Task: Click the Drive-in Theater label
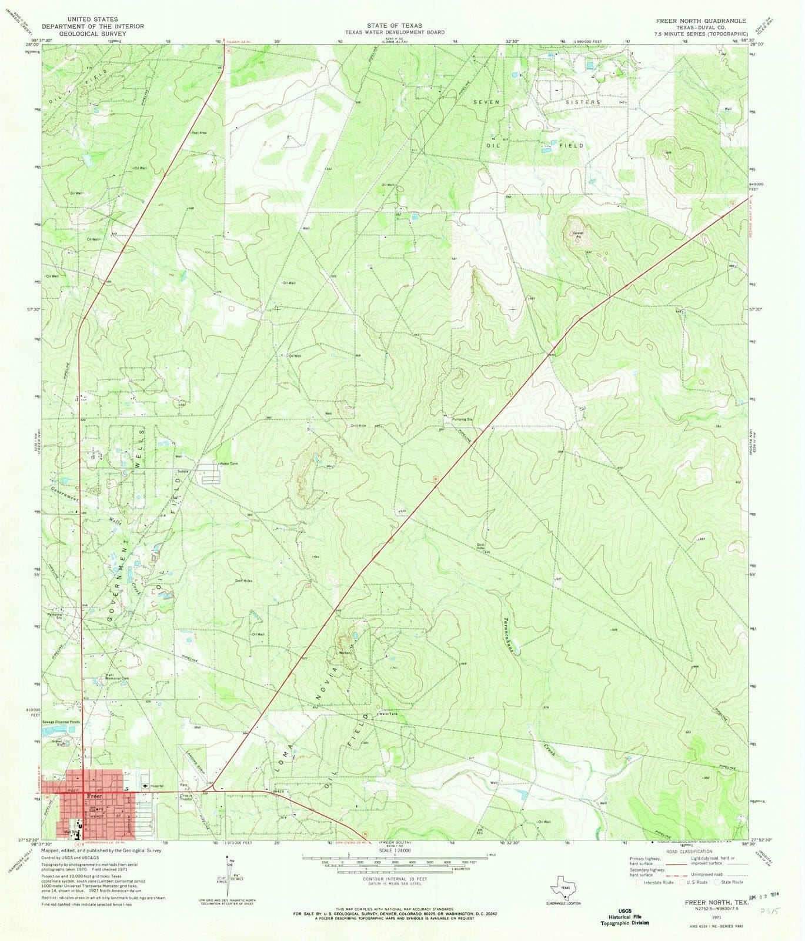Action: point(188,797)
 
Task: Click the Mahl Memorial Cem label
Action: point(116,676)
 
